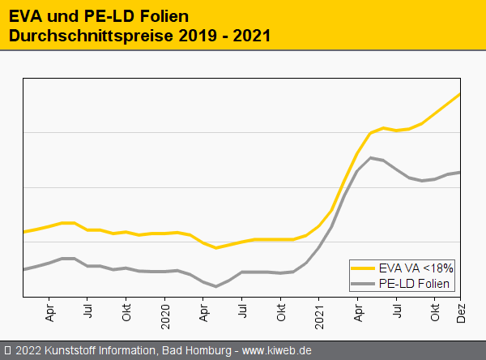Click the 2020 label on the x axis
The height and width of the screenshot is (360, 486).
[x=165, y=313]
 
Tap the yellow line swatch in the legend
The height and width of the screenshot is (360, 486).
[x=365, y=268]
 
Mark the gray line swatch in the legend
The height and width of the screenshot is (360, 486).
[x=365, y=283]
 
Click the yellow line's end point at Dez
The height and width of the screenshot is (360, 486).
[x=460, y=94]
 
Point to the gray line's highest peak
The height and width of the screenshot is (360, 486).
[x=370, y=157]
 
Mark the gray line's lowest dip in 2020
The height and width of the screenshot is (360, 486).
[x=216, y=286]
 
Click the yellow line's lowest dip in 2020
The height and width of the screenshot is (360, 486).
[x=216, y=248]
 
